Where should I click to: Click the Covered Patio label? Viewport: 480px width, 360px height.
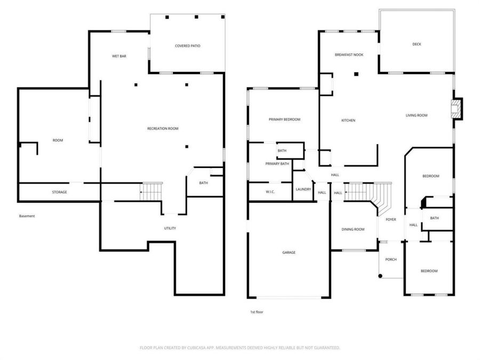(187, 46)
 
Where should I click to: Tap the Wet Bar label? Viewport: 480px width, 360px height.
(119, 56)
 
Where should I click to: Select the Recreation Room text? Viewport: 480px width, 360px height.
(163, 129)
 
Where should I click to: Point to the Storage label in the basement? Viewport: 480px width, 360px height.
(59, 192)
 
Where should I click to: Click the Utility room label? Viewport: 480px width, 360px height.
(170, 228)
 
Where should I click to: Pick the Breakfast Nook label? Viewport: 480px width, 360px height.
(349, 55)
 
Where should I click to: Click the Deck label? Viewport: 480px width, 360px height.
(417, 44)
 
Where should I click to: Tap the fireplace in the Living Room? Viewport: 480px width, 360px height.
(457, 109)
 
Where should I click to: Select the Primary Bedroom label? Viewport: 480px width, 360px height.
(284, 119)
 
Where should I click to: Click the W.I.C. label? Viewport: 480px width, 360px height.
(270, 192)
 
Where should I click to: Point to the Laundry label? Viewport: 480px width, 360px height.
(303, 189)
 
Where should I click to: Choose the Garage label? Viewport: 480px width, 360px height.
(289, 253)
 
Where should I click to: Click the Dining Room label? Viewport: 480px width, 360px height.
(353, 229)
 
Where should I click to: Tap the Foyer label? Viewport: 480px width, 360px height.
(390, 220)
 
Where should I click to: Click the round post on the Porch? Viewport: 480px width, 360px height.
(380, 276)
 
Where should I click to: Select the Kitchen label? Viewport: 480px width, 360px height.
(348, 121)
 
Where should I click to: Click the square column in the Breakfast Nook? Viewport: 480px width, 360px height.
(356, 74)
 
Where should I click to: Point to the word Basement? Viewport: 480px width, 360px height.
(27, 216)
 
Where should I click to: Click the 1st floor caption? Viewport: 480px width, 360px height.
(257, 312)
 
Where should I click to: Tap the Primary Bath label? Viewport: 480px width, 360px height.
(277, 164)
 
